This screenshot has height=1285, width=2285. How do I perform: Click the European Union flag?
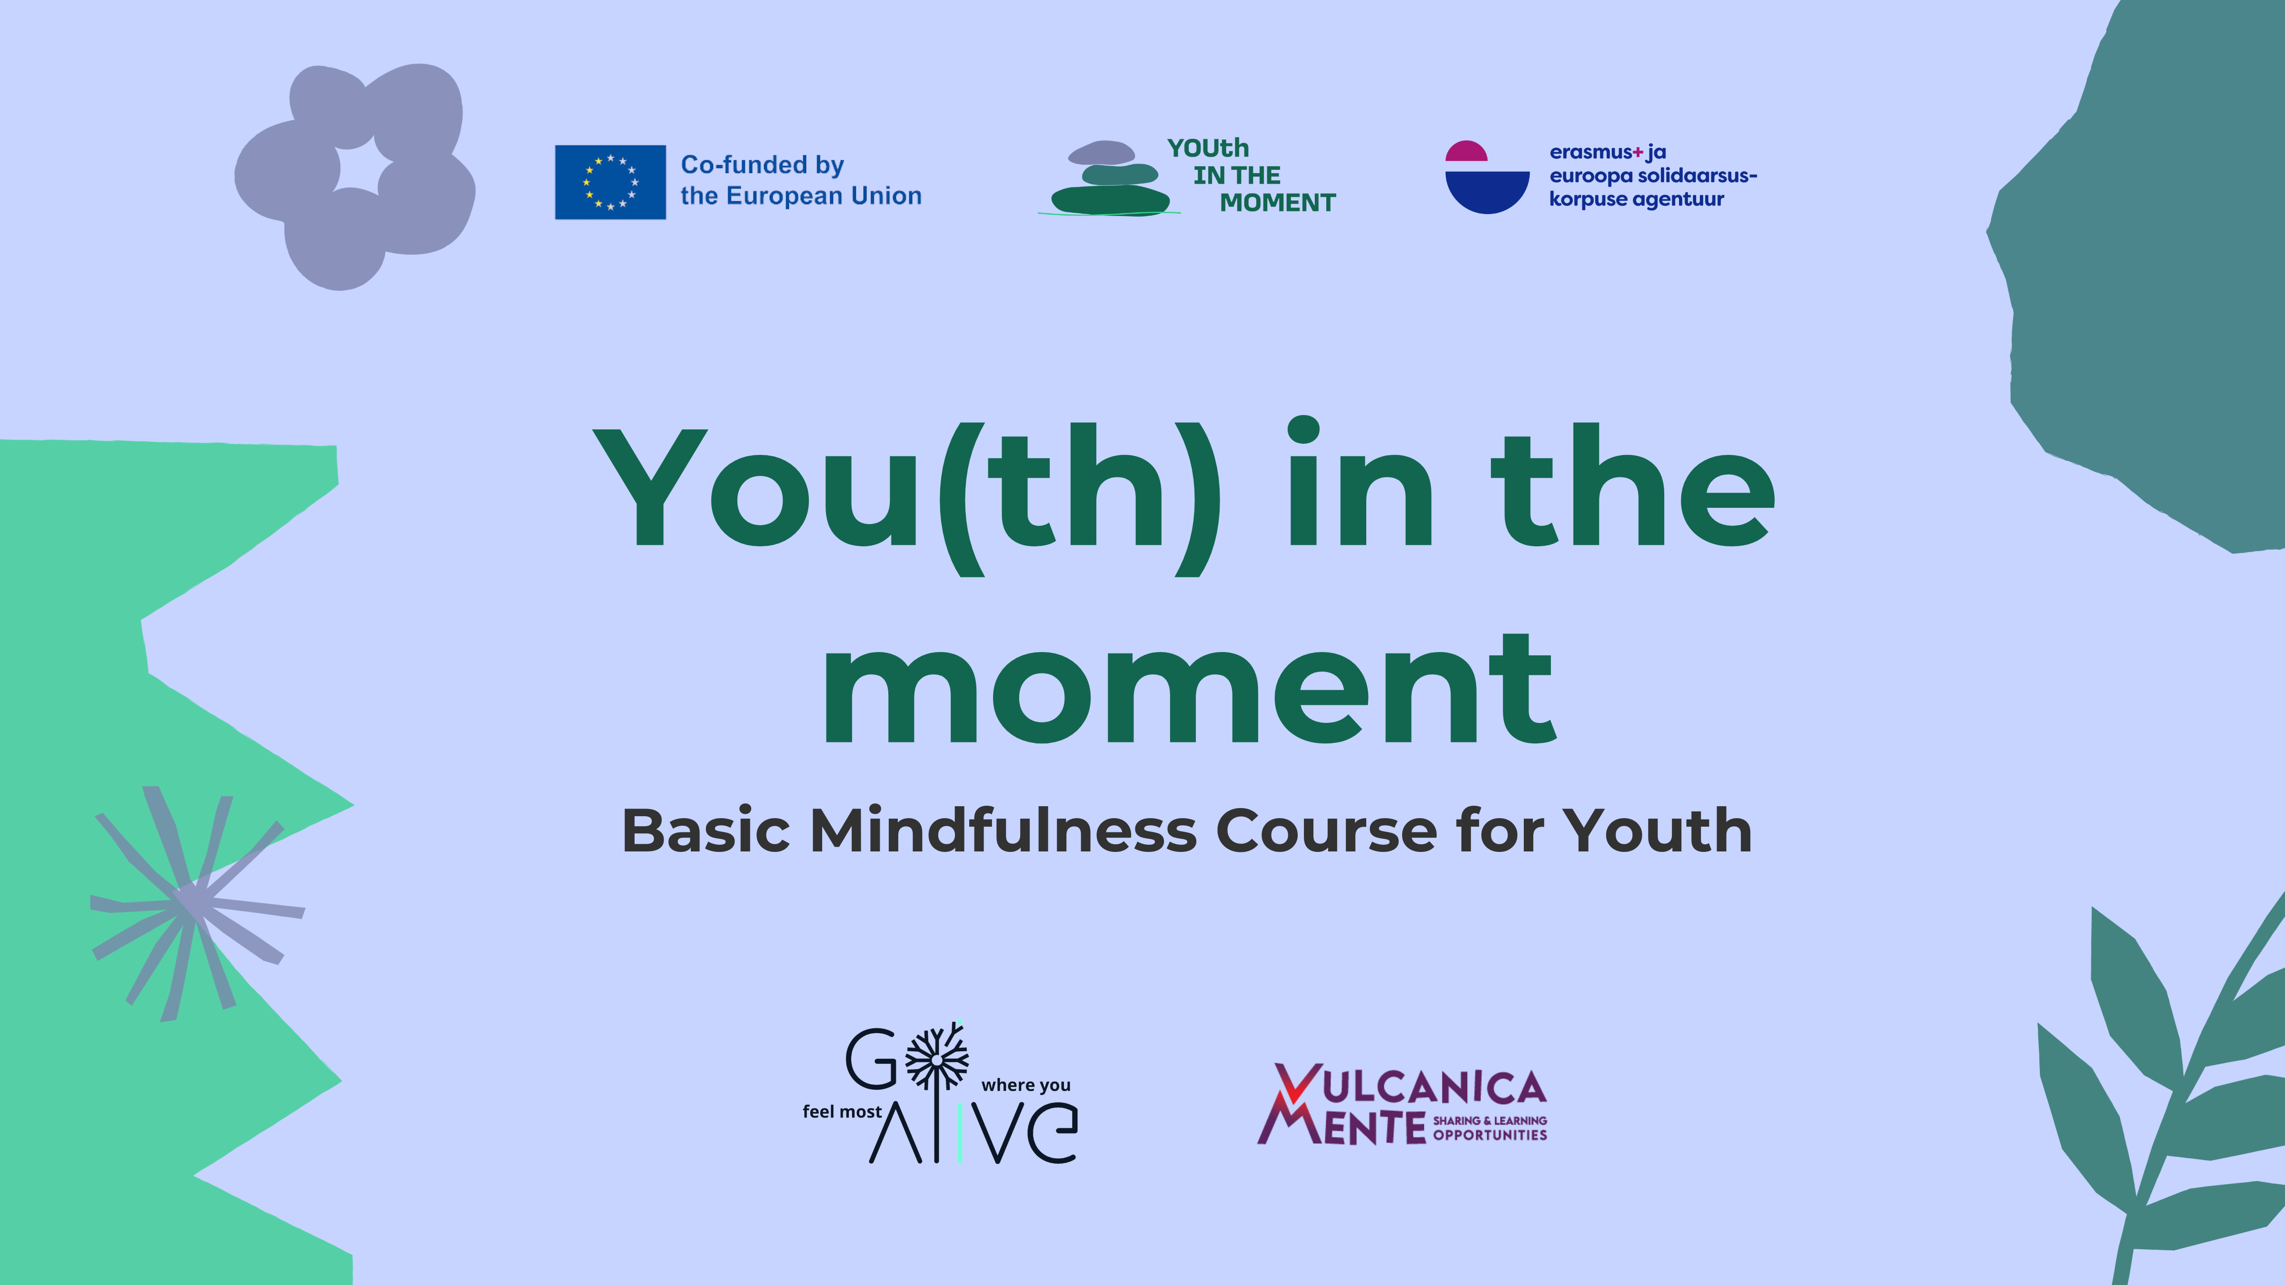click(x=610, y=182)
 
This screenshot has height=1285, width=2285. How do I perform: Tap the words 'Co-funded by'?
click(x=762, y=165)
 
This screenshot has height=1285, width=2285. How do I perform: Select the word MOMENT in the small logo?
click(x=1277, y=203)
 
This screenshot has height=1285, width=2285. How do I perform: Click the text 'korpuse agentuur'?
click(x=1637, y=199)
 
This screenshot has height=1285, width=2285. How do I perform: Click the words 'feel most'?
click(x=842, y=1112)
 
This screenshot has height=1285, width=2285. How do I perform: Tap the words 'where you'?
click(x=1025, y=1086)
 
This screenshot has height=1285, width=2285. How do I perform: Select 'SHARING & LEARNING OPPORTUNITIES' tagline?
click(x=1490, y=1128)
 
